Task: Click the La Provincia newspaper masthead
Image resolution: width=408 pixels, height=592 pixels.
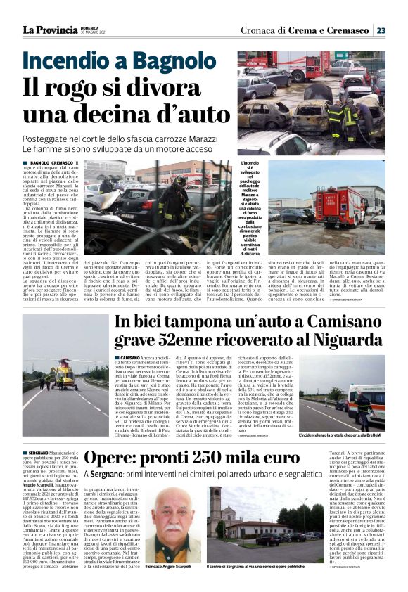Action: tap(49, 30)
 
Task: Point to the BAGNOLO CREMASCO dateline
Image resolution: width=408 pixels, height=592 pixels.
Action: tap(49, 162)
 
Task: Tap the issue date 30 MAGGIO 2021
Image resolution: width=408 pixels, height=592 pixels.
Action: tap(93, 33)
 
